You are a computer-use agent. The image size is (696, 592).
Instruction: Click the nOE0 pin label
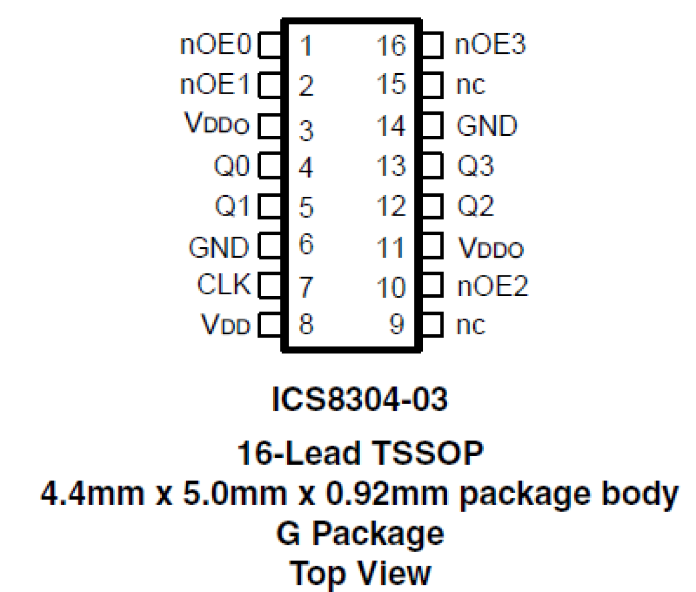[216, 45]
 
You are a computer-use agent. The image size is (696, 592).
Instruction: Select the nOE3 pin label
[490, 45]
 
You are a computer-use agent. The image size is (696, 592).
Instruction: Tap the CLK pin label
[224, 285]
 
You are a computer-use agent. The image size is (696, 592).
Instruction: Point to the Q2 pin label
[475, 206]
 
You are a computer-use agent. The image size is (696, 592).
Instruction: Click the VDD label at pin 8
[226, 325]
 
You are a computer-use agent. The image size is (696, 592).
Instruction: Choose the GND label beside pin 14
[487, 126]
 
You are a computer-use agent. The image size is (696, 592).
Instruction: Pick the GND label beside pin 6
[219, 248]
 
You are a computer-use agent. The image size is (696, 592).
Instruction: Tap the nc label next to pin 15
[470, 85]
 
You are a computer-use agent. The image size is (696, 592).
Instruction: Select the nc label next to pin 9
[470, 325]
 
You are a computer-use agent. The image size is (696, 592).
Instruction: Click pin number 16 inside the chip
[391, 46]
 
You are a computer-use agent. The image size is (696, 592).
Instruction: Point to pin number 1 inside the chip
[305, 46]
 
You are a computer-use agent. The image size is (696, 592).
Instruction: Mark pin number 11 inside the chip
[391, 248]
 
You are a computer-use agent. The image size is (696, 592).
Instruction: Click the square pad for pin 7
[270, 285]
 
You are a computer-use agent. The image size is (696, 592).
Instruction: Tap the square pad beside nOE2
[433, 285]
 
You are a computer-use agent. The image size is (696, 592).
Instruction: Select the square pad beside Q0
[270, 166]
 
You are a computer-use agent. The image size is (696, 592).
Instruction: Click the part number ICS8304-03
[360, 399]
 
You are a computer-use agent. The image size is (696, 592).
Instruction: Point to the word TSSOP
[428, 453]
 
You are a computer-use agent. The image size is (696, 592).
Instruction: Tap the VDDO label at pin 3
[217, 124]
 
